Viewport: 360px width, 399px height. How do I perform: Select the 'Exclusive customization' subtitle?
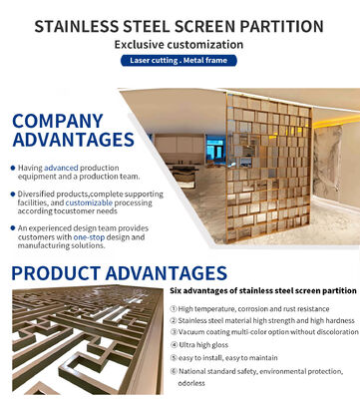coord(179,45)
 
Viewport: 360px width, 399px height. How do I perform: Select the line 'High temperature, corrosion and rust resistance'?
coord(254,308)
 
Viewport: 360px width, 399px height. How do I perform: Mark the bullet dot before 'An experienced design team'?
coord(12,228)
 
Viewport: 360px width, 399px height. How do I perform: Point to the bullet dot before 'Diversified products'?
coord(12,193)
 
